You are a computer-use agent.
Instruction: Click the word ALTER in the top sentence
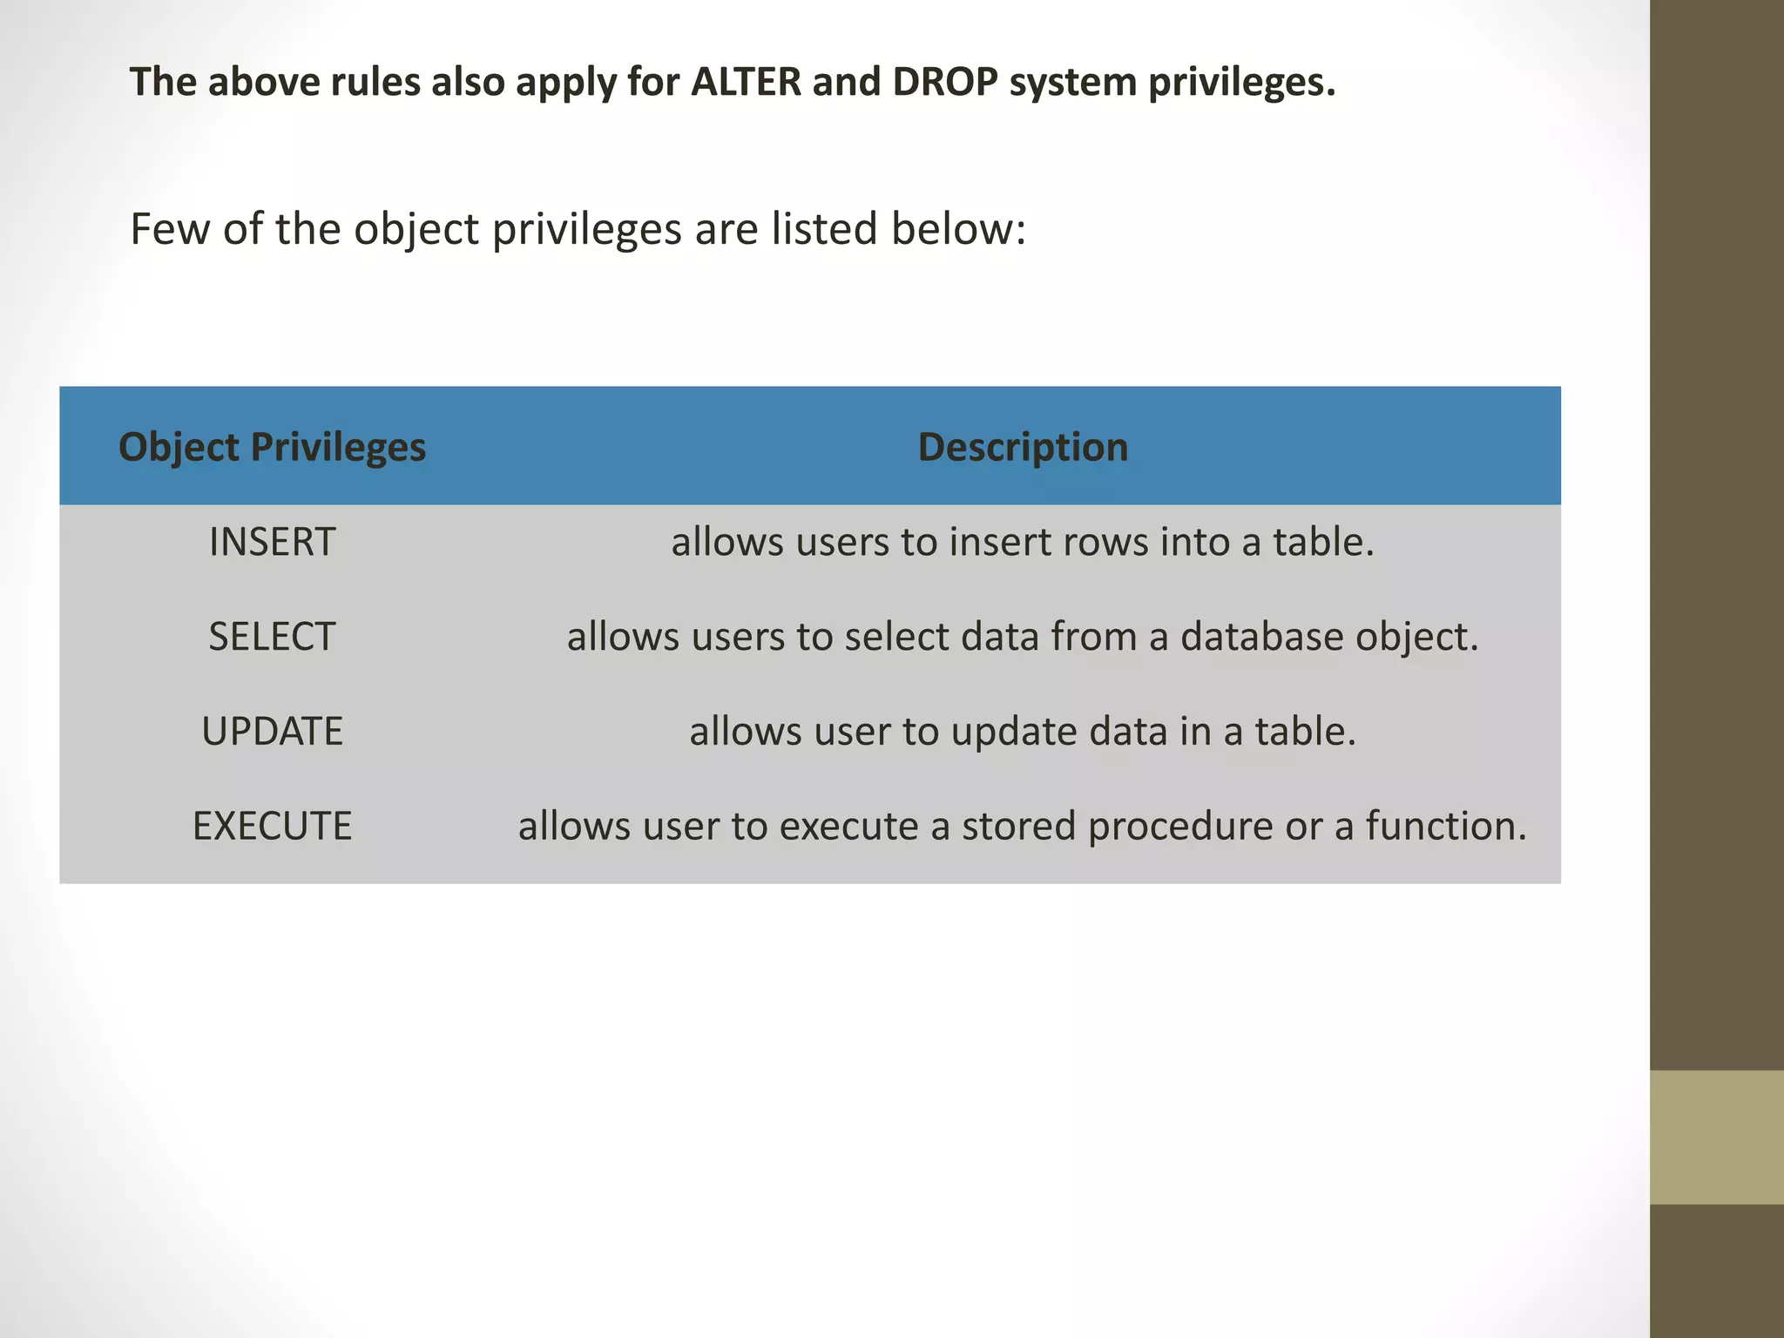click(x=746, y=82)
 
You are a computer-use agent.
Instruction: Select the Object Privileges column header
click(x=272, y=447)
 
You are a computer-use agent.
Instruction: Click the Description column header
click(x=1023, y=447)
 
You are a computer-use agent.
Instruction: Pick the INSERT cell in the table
click(x=272, y=542)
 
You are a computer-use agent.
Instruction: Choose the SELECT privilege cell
click(x=272, y=637)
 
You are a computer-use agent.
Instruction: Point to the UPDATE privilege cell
click(x=272, y=731)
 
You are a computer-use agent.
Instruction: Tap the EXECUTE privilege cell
click(x=272, y=826)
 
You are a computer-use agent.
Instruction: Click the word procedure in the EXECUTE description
click(x=1180, y=826)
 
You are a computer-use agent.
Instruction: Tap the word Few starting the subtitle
click(x=170, y=229)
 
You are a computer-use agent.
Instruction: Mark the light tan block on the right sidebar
click(x=1716, y=1137)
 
